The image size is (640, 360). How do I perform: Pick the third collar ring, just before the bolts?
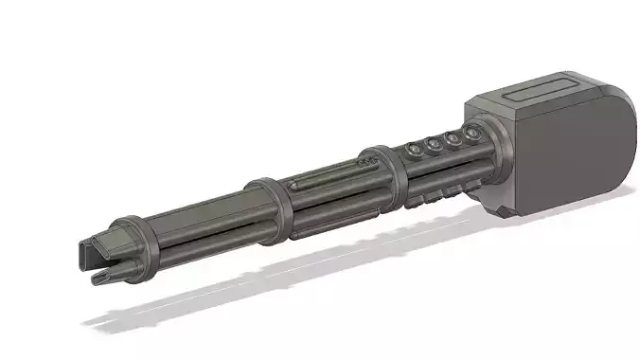point(383,172)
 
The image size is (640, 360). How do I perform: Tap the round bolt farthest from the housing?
point(413,150)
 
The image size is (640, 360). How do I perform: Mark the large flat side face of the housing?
point(578,152)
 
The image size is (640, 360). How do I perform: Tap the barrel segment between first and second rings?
point(199,227)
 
